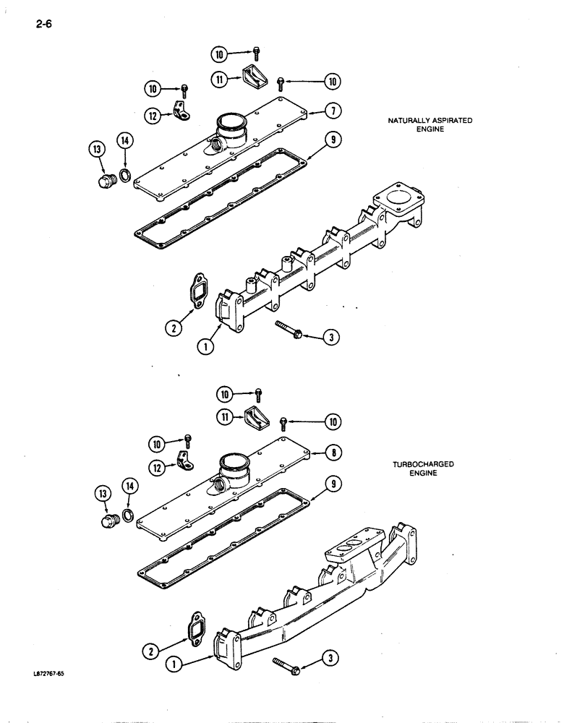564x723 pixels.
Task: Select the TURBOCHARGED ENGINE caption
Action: (x=424, y=469)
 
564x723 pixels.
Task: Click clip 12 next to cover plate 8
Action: (x=185, y=459)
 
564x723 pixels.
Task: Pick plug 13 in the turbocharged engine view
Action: (x=111, y=521)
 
